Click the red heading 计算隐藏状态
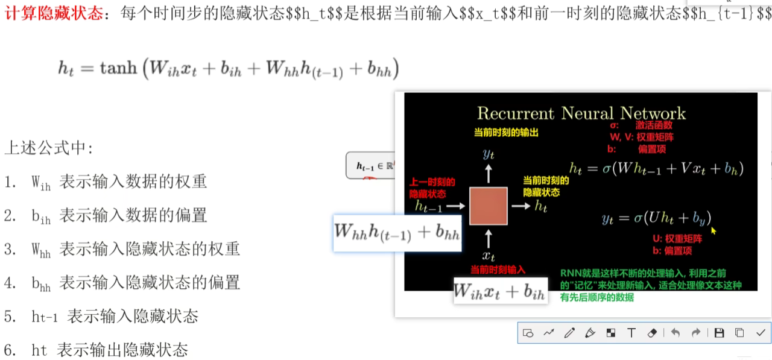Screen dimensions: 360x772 [x=54, y=13]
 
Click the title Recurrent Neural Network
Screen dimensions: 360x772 [x=581, y=113]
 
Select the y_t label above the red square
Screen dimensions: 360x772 [x=489, y=154]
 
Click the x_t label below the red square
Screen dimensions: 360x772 [x=489, y=256]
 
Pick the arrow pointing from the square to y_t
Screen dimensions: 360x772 [x=489, y=174]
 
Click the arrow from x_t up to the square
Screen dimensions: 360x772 [x=489, y=235]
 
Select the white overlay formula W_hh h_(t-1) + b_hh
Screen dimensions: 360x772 [x=397, y=232]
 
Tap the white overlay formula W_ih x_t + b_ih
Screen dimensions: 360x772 [x=500, y=292]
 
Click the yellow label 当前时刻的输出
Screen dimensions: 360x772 [x=505, y=132]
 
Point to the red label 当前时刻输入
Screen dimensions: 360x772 [x=498, y=270]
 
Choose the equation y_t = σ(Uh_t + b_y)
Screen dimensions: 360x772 [x=656, y=218]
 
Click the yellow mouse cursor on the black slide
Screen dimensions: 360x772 [x=714, y=230]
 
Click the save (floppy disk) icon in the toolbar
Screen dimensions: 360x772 [x=719, y=332]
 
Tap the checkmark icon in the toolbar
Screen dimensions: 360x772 [x=760, y=332]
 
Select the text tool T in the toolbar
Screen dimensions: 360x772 [x=631, y=332]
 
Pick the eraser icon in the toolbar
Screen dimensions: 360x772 [x=651, y=332]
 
